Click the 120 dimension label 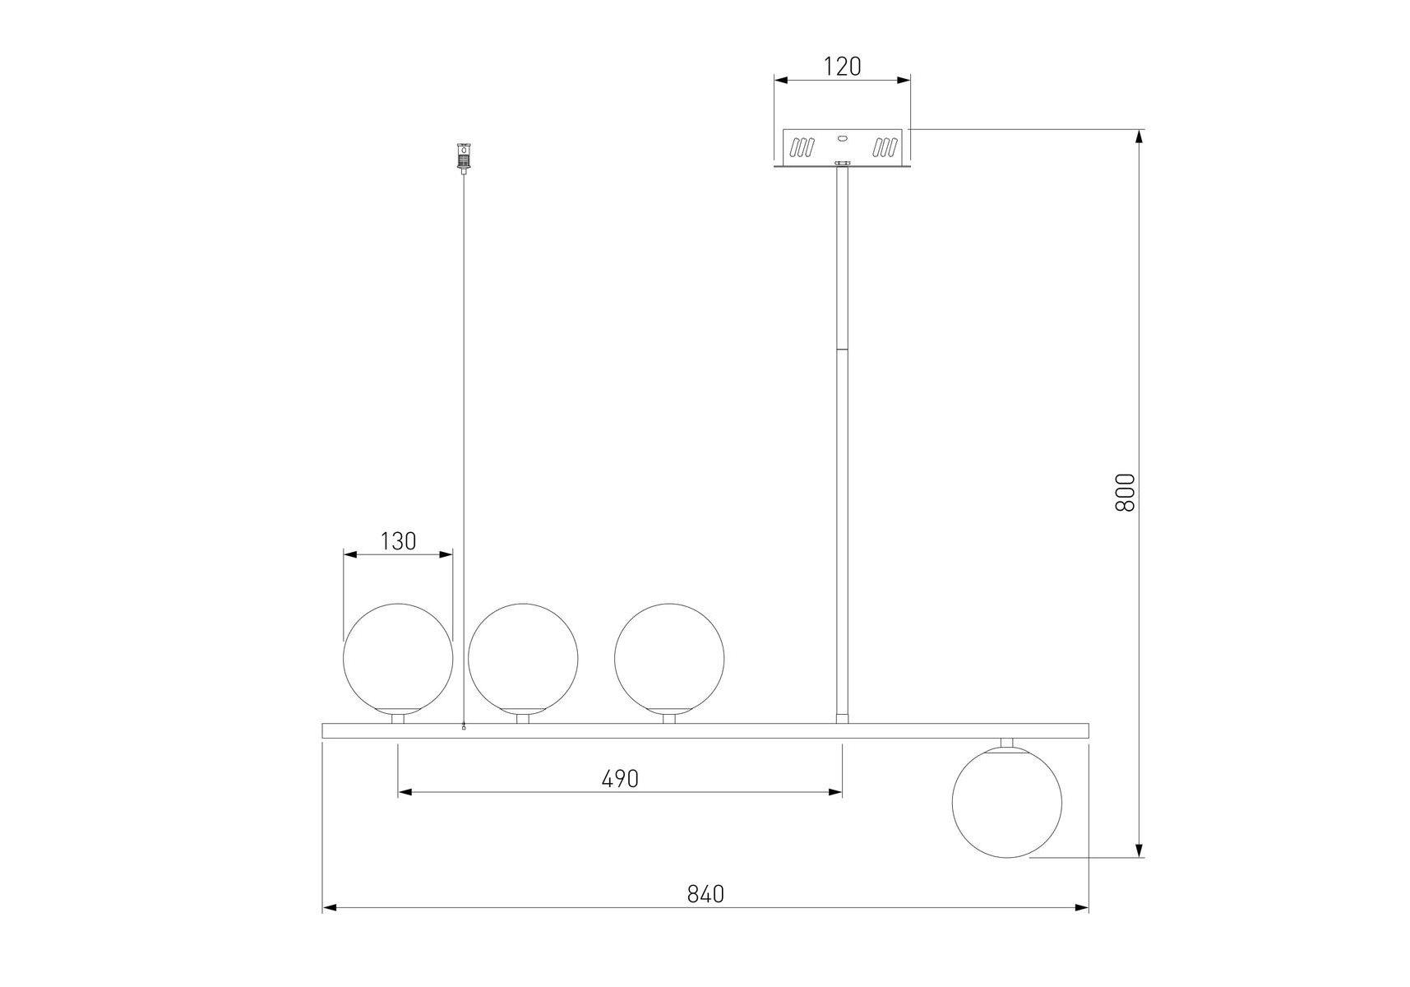(842, 67)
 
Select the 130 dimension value (398, 541)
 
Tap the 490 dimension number (620, 778)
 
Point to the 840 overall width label (705, 894)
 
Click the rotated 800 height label (1124, 493)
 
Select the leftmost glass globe (398, 658)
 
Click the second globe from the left (523, 658)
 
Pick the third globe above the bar (669, 658)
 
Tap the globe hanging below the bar (1007, 802)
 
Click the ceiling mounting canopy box (843, 149)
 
